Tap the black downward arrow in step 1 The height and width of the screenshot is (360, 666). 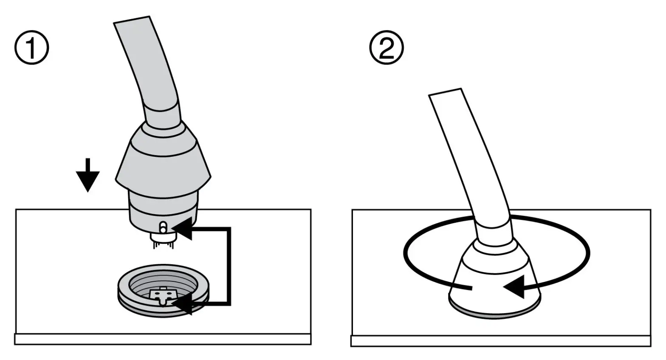point(88,176)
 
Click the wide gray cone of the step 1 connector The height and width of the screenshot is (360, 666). point(164,159)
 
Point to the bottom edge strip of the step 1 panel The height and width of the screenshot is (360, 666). point(163,339)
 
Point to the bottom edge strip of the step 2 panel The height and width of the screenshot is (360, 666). point(501,341)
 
